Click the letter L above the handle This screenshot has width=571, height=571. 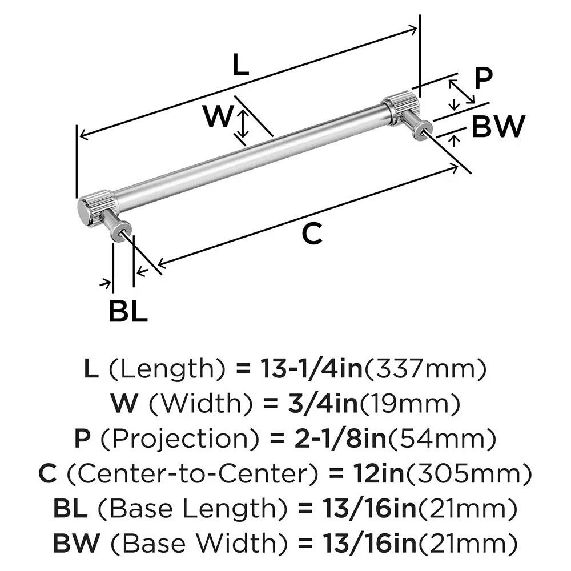coord(241,66)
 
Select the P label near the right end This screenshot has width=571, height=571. coord(482,78)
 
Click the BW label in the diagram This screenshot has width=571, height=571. coord(497,127)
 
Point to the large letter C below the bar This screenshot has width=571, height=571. coord(312,234)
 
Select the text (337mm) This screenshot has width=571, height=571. coord(425,371)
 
